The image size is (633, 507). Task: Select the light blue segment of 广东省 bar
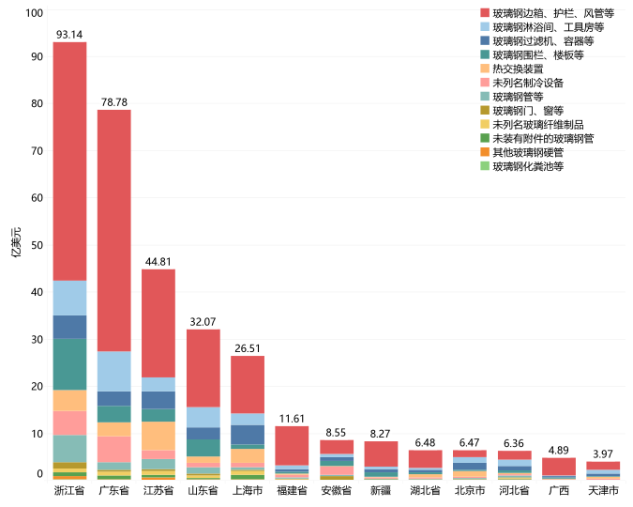[x=114, y=371]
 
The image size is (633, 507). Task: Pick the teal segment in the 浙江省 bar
[x=69, y=363]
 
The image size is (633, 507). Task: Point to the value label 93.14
[x=69, y=35]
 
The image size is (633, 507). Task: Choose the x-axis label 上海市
[x=248, y=490]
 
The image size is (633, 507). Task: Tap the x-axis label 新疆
[x=381, y=490]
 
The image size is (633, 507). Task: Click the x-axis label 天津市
[x=603, y=490]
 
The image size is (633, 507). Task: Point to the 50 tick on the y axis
[x=37, y=245]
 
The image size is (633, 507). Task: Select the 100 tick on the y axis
[x=34, y=13]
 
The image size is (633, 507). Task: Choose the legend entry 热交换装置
[x=517, y=69]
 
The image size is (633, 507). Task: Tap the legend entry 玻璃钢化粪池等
[x=527, y=166]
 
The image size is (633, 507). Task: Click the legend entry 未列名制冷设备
[x=527, y=83]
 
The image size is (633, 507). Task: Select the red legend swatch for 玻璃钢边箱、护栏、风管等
[x=485, y=13]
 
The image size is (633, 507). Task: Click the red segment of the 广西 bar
[x=559, y=466]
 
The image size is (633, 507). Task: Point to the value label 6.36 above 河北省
[x=514, y=443]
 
